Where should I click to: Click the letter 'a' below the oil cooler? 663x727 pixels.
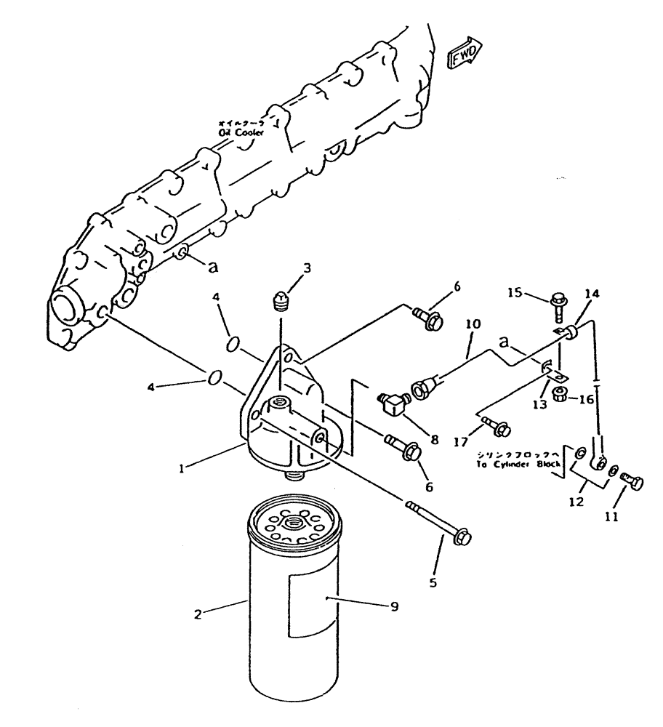[x=212, y=267]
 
